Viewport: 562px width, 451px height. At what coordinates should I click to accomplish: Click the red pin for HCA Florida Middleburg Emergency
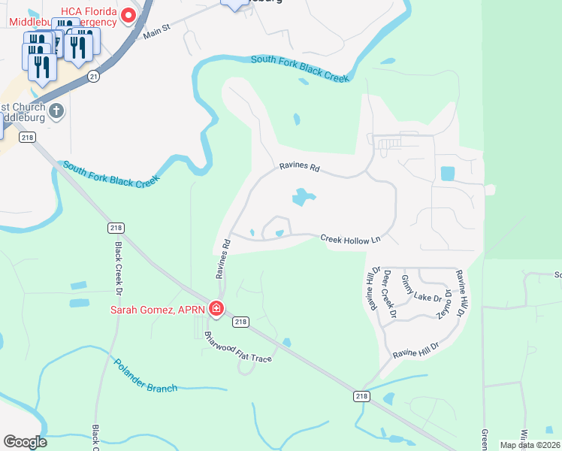(128, 14)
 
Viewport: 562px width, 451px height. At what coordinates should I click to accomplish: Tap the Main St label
(157, 31)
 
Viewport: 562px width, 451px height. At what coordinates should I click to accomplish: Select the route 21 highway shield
(92, 77)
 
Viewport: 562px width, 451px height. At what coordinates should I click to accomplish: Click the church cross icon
(56, 112)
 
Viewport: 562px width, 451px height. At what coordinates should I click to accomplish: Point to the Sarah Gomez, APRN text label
(158, 308)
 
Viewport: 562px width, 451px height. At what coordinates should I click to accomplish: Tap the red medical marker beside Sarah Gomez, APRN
(216, 308)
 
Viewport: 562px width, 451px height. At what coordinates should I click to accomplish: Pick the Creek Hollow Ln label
(351, 238)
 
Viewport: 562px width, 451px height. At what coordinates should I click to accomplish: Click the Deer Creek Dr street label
(388, 289)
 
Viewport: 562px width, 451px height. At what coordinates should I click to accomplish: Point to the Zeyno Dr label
(446, 304)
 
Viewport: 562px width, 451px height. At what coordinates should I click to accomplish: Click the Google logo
(25, 442)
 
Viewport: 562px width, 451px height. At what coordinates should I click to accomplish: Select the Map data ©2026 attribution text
(530, 445)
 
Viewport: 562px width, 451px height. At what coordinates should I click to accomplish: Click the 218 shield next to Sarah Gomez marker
(240, 322)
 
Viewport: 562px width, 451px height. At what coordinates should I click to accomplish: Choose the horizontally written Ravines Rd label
(299, 168)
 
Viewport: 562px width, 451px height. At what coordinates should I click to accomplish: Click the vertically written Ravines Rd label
(222, 259)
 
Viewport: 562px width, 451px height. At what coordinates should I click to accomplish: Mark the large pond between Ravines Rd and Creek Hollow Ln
(303, 197)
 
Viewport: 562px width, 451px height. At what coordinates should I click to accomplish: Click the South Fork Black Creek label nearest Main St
(301, 68)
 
